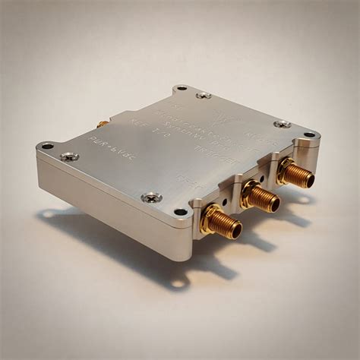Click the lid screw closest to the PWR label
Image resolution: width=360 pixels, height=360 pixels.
coord(69,156)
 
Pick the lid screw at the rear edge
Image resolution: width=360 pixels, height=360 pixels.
coord(203,95)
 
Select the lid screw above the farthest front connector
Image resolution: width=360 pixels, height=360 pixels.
coord(282,124)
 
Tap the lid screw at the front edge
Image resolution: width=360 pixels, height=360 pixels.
coord(151,197)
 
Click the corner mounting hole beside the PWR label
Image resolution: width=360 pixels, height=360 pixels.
coord(47,146)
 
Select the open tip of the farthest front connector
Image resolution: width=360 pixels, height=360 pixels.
coord(307,180)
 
